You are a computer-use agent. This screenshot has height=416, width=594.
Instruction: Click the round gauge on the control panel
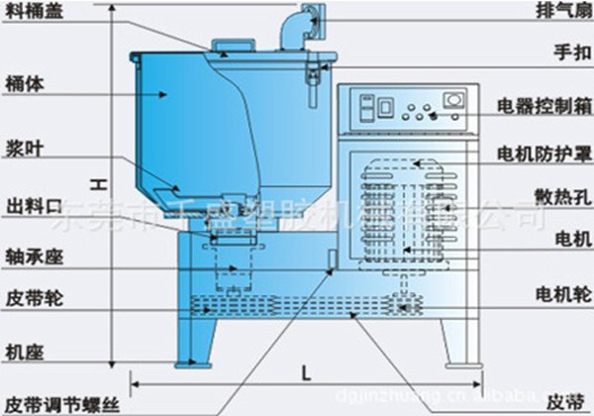click(453, 99)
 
